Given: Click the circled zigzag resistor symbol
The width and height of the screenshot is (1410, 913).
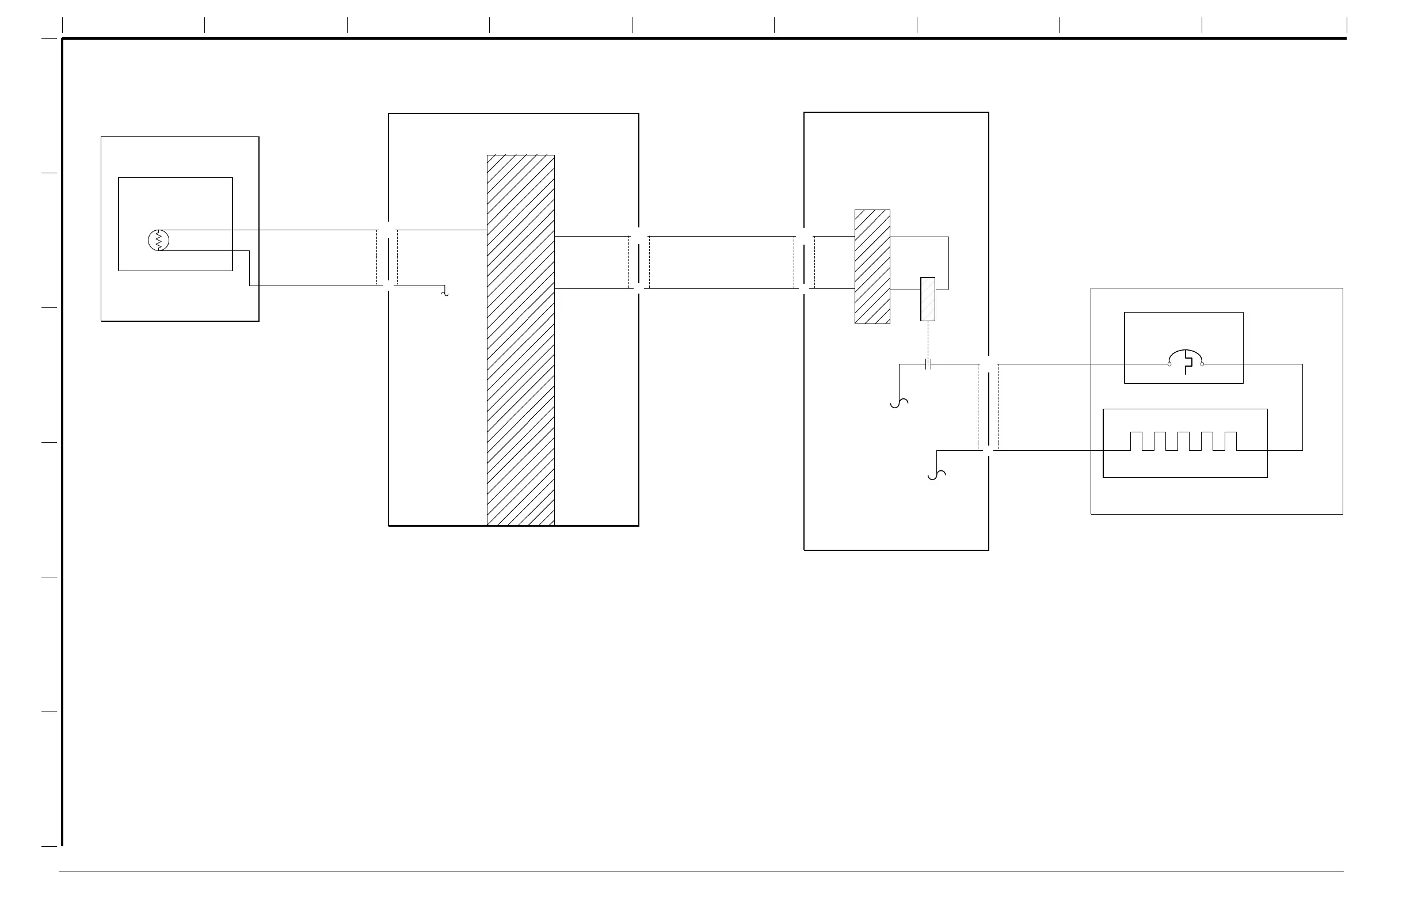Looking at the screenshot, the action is click(x=158, y=240).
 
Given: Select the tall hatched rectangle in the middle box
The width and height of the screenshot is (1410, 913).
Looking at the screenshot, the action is click(x=521, y=340).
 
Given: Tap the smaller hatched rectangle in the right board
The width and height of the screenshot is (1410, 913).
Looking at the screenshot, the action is click(x=872, y=267).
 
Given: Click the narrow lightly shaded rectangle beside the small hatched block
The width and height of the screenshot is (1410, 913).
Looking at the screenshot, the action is click(x=928, y=299).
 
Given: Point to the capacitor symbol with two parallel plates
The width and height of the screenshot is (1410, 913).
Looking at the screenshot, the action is click(x=928, y=364).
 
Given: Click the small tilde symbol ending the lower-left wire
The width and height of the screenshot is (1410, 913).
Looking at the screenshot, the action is click(x=445, y=292).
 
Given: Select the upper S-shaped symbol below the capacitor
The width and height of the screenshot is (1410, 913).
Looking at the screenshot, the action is click(x=900, y=403).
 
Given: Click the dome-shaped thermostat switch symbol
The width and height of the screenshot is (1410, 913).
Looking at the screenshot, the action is click(x=1186, y=359).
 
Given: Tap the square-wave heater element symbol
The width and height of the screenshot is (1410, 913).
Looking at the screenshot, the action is click(x=1184, y=442).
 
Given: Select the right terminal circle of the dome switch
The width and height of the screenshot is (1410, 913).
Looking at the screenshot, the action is click(x=1202, y=364).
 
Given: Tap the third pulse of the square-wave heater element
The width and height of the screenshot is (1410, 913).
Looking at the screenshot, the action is click(x=1184, y=441).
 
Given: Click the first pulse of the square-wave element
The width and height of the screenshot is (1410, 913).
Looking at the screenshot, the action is click(x=1136, y=441).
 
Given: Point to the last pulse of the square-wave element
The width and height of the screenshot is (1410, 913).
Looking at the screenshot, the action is click(x=1231, y=441).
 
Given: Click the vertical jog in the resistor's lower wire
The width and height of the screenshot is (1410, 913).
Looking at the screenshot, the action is click(x=249, y=268).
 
